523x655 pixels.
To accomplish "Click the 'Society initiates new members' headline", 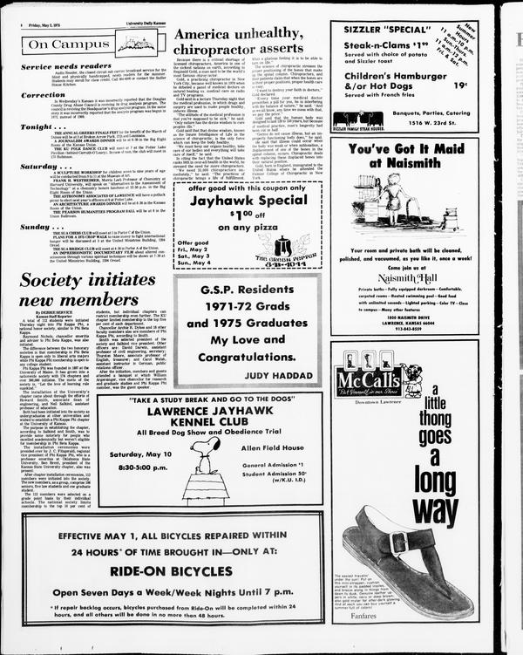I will tap(86, 290).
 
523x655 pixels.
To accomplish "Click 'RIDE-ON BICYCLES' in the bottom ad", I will tap(172, 569).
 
